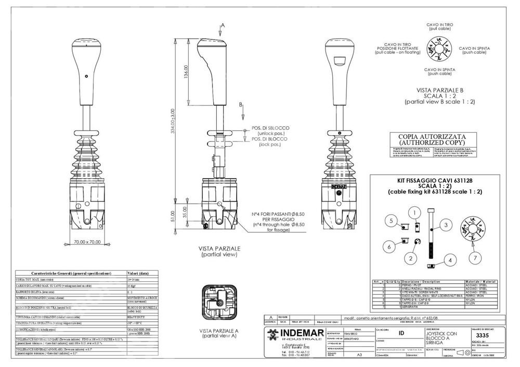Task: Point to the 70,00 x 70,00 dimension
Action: pos(86,242)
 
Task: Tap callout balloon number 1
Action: pos(413,212)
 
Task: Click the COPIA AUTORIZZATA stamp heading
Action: pos(433,139)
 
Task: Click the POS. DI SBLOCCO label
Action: pos(271,128)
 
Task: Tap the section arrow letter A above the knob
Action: pos(223,24)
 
